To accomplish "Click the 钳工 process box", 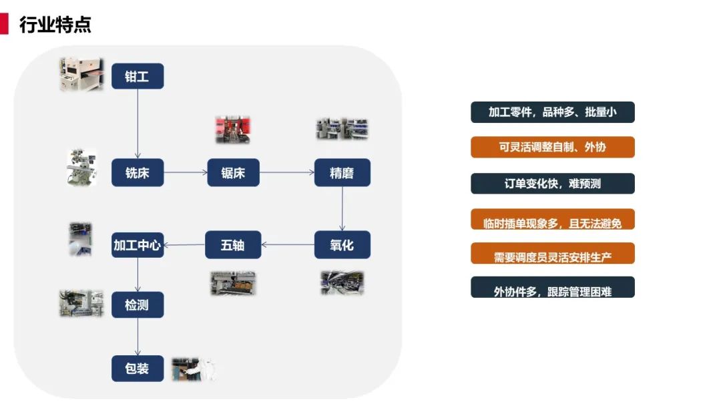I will (x=138, y=76).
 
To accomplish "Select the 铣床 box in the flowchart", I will (x=138, y=172).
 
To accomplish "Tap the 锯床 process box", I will (x=233, y=172).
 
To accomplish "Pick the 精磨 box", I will (x=342, y=172).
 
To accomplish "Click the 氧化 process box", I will (x=342, y=244).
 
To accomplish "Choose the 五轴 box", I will (x=232, y=244).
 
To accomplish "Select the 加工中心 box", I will (x=138, y=244).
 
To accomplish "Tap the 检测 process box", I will (x=138, y=304).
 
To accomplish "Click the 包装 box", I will (x=138, y=368).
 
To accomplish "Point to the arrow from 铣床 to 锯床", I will (x=186, y=172).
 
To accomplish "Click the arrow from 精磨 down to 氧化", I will (x=342, y=208).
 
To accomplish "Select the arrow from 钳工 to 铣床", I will (x=138, y=124).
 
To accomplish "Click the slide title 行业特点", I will (x=55, y=25).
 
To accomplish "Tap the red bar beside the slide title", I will (x=4, y=24).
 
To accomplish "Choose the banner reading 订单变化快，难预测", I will (x=552, y=184).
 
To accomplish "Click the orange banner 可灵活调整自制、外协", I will (x=552, y=147).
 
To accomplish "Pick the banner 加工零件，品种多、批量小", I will (x=552, y=112).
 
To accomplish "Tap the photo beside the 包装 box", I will (x=194, y=369).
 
